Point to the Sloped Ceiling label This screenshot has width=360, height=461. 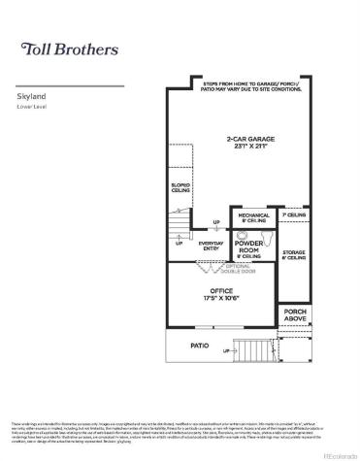[180, 185]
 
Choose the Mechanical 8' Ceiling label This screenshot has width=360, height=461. [254, 218]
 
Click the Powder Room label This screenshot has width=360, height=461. [249, 247]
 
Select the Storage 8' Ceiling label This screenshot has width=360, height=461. [295, 255]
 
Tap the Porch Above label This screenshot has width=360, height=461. [295, 314]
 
